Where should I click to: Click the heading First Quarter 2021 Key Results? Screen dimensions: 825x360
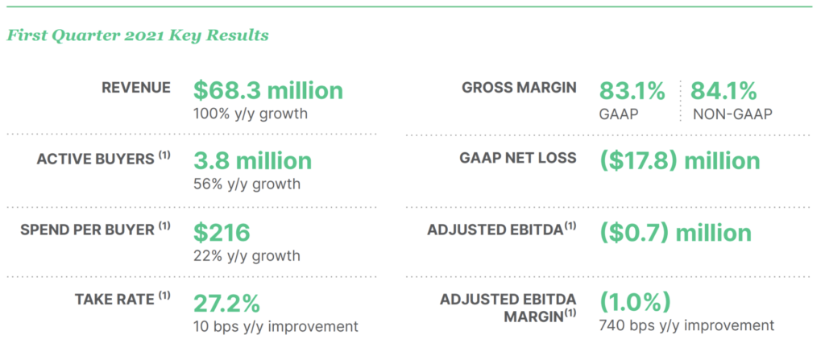point(137,35)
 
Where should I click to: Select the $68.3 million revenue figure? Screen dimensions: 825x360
point(267,90)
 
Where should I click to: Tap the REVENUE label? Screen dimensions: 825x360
point(136,87)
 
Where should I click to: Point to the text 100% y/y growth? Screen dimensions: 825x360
point(251,114)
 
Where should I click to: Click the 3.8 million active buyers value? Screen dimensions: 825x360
point(252,161)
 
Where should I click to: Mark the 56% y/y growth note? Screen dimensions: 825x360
point(247,184)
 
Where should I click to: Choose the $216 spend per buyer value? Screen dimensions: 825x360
point(222,233)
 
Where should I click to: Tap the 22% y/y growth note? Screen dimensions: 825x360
point(247,256)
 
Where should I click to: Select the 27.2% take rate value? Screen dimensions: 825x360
point(226,304)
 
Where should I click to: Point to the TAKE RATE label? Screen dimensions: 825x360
point(122,299)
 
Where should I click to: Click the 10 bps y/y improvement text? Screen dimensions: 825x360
point(276,326)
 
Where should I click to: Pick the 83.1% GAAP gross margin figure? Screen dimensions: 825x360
point(632,91)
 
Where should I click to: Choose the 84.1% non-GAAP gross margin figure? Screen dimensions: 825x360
point(724,91)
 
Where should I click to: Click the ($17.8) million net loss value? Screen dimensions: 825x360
point(680,161)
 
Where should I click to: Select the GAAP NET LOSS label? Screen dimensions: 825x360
point(519,158)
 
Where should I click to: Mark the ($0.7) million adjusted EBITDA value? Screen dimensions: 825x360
point(676,233)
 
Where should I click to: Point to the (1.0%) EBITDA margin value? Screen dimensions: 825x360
point(636,302)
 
